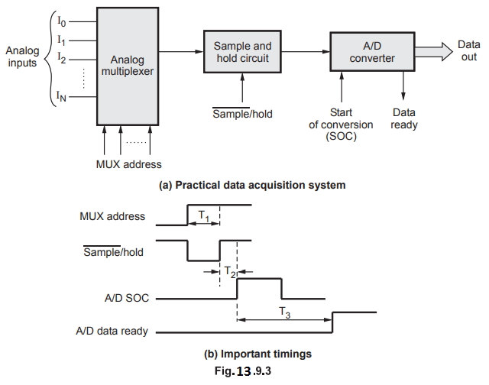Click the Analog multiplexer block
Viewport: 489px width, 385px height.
pos(128,66)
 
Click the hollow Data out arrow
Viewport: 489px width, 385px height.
pos(435,51)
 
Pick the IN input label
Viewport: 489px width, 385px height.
pos(63,96)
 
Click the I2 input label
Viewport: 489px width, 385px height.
pos(63,58)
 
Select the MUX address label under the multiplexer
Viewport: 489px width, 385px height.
pos(128,163)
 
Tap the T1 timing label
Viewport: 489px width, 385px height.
pos(203,217)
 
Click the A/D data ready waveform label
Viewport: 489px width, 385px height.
pos(112,332)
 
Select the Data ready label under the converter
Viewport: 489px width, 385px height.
pos(404,118)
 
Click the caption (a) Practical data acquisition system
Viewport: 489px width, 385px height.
pos(245,185)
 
